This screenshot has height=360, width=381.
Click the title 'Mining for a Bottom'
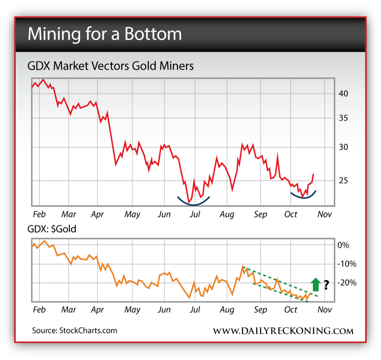(x=104, y=34)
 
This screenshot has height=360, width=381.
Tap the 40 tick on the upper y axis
(x=342, y=93)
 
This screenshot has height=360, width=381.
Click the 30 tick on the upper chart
(x=342, y=147)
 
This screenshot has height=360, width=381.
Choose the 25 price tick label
(x=342, y=180)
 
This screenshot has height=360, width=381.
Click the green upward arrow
(x=315, y=284)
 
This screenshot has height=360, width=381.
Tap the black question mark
(x=326, y=285)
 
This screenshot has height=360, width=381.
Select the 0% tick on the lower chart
(x=343, y=245)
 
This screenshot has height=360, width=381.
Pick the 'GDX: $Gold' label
(x=54, y=229)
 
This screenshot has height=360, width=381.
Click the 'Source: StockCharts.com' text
(x=74, y=330)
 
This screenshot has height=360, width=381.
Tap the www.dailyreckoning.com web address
(x=283, y=330)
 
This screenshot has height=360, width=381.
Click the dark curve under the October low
(x=303, y=195)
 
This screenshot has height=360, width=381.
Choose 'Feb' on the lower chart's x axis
(x=39, y=310)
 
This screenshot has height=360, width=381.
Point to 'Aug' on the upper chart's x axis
(x=227, y=215)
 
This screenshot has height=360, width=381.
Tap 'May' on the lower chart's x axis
(x=132, y=310)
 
